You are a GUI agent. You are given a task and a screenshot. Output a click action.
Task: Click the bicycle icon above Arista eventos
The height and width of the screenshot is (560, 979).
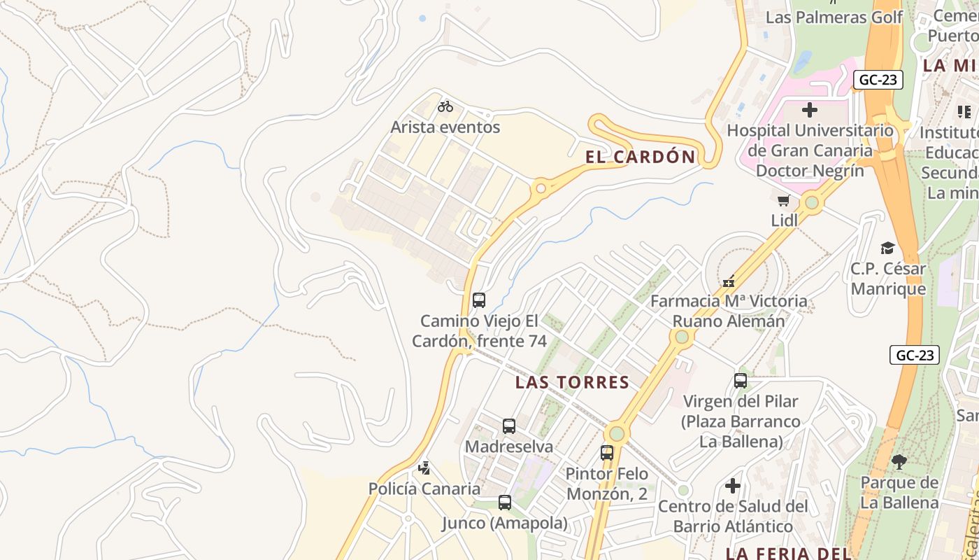(445, 106)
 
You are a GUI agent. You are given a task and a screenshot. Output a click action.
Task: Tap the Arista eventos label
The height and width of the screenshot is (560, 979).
(445, 127)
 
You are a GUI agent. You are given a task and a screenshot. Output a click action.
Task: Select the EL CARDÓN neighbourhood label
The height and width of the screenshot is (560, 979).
(641, 157)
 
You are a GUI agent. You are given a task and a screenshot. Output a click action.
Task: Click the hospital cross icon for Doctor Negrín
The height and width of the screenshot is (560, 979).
(810, 110)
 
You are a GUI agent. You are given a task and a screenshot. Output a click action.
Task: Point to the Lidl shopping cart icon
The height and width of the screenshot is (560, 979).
(784, 201)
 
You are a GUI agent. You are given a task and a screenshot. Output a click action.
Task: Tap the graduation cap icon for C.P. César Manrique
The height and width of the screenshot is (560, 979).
(887, 248)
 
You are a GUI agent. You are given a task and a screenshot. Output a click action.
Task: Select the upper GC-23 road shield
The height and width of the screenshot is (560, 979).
(878, 80)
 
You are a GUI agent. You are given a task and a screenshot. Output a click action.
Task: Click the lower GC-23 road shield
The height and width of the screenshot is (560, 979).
(915, 355)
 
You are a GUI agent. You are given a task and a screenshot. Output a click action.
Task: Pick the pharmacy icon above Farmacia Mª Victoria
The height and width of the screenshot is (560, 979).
(729, 281)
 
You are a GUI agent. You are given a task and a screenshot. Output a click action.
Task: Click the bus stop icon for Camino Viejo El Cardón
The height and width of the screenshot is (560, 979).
(479, 300)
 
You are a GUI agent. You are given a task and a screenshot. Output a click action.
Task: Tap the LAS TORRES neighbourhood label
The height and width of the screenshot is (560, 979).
(572, 382)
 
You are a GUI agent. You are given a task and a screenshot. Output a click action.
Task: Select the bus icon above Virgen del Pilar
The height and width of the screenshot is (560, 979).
(741, 381)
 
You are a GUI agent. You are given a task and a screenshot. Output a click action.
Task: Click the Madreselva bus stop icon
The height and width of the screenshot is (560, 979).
(509, 426)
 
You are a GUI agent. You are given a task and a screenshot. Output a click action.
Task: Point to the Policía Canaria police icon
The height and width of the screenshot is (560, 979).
(424, 468)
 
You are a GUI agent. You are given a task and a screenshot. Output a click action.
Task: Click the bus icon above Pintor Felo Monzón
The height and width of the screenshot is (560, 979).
(607, 453)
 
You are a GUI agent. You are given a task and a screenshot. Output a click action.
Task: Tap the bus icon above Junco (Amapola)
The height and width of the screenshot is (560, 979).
(504, 502)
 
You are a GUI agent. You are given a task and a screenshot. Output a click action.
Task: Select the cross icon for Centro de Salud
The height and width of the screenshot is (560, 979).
(733, 485)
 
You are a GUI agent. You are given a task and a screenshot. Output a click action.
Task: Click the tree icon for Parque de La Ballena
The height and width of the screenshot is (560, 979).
(899, 462)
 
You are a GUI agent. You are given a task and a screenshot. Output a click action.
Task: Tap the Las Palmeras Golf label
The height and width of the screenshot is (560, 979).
(834, 17)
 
